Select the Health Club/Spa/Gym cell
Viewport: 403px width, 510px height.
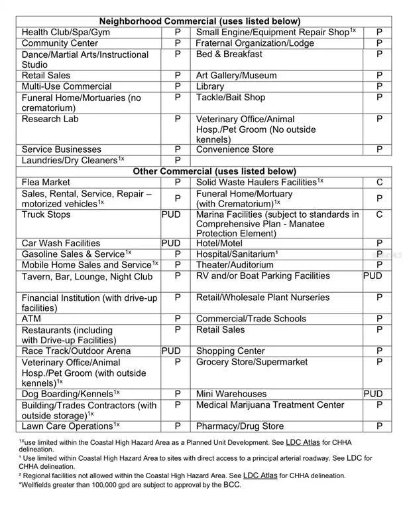(x=66, y=33)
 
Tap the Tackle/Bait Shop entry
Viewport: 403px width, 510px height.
(x=230, y=98)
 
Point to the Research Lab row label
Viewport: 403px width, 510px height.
(x=50, y=119)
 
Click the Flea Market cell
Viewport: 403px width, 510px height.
(x=46, y=182)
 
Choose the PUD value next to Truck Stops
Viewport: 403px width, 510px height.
(x=171, y=215)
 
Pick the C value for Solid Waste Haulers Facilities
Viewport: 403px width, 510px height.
(x=379, y=182)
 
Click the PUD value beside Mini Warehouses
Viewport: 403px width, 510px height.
(x=373, y=394)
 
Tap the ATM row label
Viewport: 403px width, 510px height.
(x=31, y=319)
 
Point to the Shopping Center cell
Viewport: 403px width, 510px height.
(x=230, y=351)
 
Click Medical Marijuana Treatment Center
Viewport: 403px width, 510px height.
(x=270, y=405)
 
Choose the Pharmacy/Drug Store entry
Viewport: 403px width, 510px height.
(x=239, y=426)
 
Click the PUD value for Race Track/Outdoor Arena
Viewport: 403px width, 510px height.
(x=171, y=351)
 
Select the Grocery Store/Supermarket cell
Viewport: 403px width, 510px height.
(x=252, y=363)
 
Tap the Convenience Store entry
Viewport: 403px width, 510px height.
(x=235, y=149)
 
